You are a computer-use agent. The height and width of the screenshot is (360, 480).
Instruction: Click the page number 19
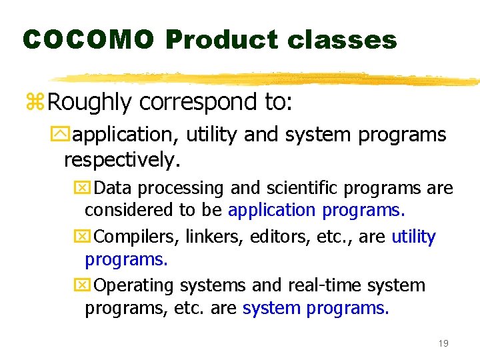click(x=443, y=343)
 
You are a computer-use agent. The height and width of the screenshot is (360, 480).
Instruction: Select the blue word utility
click(x=413, y=237)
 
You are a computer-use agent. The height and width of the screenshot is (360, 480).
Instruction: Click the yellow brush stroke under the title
click(x=267, y=79)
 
